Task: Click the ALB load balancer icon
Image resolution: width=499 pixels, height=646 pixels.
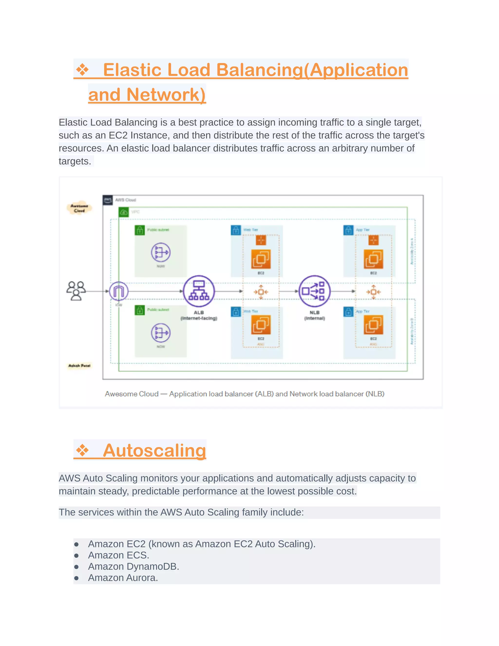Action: point(199,291)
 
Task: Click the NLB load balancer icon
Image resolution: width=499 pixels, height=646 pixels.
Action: point(314,291)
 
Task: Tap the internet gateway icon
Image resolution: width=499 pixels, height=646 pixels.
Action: point(119,291)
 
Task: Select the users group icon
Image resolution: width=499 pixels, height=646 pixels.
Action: point(76,291)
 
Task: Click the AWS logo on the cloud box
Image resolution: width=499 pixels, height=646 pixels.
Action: point(108,200)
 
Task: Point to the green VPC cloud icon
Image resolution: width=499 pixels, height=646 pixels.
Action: point(124,212)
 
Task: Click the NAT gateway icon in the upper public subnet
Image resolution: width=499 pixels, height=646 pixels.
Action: point(161,252)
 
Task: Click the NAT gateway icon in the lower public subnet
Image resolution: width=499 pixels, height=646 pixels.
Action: point(161,333)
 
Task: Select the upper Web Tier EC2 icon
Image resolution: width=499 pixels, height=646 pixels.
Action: point(261,259)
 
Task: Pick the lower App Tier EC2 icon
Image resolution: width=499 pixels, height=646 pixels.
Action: point(373,324)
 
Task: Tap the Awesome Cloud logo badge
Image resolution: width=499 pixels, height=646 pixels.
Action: point(79,208)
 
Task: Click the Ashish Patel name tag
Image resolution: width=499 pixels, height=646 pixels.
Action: point(79,366)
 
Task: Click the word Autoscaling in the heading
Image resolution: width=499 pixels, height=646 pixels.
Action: point(154,450)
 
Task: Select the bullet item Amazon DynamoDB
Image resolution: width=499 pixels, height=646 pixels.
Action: point(133,567)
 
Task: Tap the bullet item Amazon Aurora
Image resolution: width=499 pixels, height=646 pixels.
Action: point(123,578)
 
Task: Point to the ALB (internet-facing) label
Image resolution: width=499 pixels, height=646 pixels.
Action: point(199,315)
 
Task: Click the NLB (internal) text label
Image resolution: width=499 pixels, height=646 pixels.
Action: point(314,315)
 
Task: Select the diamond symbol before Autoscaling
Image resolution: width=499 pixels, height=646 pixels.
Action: point(82,450)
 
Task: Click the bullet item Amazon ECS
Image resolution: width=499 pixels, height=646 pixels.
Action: point(118,555)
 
